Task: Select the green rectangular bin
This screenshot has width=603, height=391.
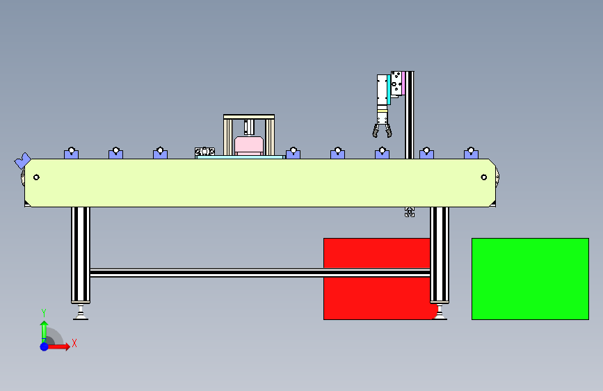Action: (x=530, y=279)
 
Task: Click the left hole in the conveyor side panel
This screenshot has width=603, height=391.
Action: (x=36, y=177)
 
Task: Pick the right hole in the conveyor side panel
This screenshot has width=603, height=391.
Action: (x=484, y=177)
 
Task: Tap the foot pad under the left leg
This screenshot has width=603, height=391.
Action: (x=81, y=315)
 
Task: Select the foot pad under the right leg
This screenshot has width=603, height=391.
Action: (x=440, y=314)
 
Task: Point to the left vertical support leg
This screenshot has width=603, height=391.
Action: (x=81, y=254)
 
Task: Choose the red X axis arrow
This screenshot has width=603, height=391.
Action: (x=60, y=346)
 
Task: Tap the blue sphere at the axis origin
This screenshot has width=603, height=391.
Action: (x=44, y=346)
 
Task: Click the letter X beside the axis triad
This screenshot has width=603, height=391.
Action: (x=74, y=343)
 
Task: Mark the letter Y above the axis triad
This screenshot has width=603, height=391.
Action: (x=43, y=312)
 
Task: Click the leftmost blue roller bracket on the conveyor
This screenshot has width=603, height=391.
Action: (x=71, y=153)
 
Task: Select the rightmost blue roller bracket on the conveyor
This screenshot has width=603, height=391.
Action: (x=471, y=153)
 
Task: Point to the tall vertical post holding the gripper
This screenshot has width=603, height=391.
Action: (x=410, y=115)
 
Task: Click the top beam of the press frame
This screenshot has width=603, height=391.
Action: (x=249, y=117)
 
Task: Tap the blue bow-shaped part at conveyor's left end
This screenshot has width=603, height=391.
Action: (x=22, y=160)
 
